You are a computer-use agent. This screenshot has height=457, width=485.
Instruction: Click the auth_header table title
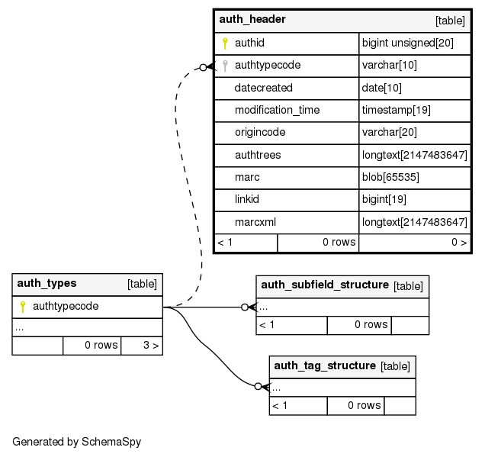point(252,19)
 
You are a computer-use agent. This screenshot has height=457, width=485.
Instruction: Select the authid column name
point(249,43)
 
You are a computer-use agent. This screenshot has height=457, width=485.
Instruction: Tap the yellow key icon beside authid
point(225,43)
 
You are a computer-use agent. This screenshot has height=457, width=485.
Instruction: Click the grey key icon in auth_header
point(225,66)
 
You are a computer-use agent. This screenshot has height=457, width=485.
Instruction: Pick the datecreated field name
point(263,88)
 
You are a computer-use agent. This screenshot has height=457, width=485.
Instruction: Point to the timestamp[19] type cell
point(397,110)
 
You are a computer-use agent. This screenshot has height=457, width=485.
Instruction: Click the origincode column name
point(260,132)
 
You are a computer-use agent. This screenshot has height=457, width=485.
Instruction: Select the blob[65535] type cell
point(390,177)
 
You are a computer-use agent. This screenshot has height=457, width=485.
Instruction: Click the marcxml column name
point(255,222)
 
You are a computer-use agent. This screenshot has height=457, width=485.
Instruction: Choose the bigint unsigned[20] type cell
point(407,43)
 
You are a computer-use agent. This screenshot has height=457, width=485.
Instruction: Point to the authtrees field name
point(258,155)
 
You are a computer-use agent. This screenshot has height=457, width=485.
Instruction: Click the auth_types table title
point(47,283)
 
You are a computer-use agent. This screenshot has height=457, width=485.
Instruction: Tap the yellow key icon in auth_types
point(23,307)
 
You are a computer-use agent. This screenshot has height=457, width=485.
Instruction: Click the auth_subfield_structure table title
point(325,285)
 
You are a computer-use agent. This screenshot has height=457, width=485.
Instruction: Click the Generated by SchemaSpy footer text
point(76,441)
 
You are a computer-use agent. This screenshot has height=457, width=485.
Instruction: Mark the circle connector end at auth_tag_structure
point(259,387)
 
